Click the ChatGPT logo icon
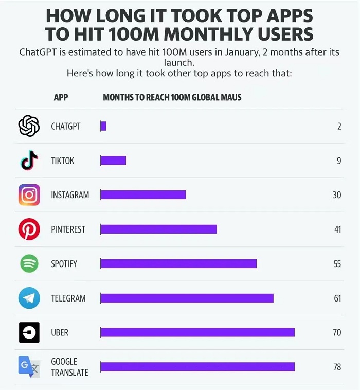point(29,126)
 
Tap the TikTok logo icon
point(29,160)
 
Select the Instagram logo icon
point(29,195)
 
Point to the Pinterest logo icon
point(29,229)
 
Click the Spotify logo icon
point(29,263)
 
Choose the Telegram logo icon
point(29,298)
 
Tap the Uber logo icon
point(29,332)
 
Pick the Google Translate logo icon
point(29,367)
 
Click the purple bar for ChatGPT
point(103,126)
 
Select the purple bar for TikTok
point(113,161)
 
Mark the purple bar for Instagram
point(143,195)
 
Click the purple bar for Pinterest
point(158,229)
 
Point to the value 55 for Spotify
point(337,263)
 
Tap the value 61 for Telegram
point(337,298)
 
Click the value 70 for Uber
point(337,332)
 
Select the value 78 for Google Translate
point(337,367)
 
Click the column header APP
point(61,97)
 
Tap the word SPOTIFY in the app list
point(64,263)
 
